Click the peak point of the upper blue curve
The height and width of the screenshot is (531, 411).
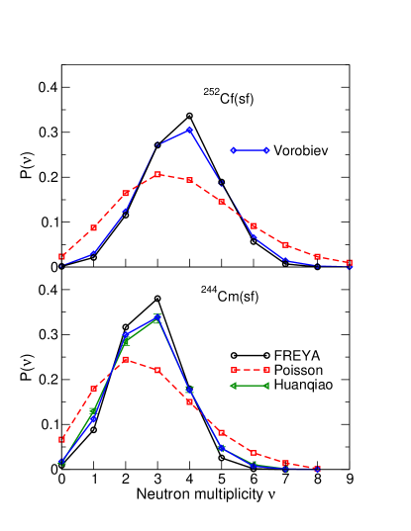coord(189,130)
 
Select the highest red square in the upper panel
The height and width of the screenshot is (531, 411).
coord(157,174)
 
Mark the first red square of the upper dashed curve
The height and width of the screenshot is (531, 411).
coord(61,257)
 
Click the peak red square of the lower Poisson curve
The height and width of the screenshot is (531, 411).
coord(125,359)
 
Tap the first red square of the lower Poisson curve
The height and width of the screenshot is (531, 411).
coord(61,438)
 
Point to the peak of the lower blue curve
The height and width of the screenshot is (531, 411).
coord(157,317)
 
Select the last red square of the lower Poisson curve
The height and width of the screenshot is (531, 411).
coord(317,469)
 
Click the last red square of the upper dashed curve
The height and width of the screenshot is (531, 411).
coord(350,263)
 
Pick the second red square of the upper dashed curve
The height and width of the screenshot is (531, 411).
coord(93,227)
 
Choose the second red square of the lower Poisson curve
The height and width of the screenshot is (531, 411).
coord(93,389)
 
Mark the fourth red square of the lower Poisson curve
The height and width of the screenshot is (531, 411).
coord(157,370)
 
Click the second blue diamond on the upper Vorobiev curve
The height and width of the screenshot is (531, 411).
coord(93,252)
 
